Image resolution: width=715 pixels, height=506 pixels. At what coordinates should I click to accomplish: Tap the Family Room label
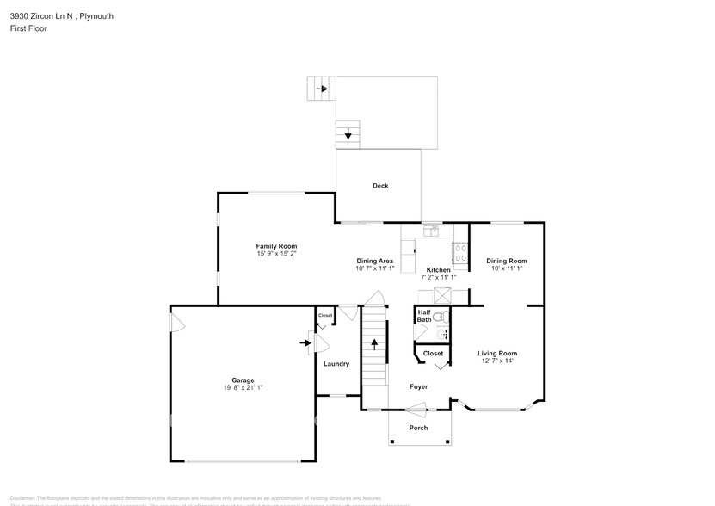pyautogui.click(x=276, y=246)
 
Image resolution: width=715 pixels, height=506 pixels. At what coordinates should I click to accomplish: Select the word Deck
pyautogui.click(x=379, y=186)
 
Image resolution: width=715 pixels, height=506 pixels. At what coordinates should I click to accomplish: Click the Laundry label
pyautogui.click(x=336, y=364)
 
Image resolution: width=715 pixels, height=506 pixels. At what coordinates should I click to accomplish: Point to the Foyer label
pyautogui.click(x=418, y=386)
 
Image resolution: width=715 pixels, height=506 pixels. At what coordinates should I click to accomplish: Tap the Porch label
pyautogui.click(x=418, y=428)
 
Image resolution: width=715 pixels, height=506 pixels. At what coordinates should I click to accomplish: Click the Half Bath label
pyautogui.click(x=424, y=317)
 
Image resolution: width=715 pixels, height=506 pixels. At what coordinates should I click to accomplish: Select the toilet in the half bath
pyautogui.click(x=440, y=317)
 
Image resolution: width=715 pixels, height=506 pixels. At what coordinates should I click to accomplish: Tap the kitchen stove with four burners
pyautogui.click(x=460, y=253)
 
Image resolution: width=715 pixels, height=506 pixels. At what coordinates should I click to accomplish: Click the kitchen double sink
pyautogui.click(x=430, y=231)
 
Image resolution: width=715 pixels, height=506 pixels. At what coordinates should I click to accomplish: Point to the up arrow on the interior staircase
pyautogui.click(x=374, y=343)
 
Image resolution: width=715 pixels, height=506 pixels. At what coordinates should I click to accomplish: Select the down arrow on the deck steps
pyautogui.click(x=348, y=134)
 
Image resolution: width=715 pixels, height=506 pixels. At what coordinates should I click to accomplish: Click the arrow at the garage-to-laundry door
pyautogui.click(x=306, y=343)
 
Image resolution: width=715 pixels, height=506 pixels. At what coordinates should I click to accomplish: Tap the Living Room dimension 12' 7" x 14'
pyautogui.click(x=497, y=361)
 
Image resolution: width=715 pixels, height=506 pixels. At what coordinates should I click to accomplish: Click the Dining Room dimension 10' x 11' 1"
pyautogui.click(x=506, y=268)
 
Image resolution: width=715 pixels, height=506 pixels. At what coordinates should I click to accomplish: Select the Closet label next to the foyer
pyautogui.click(x=433, y=354)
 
